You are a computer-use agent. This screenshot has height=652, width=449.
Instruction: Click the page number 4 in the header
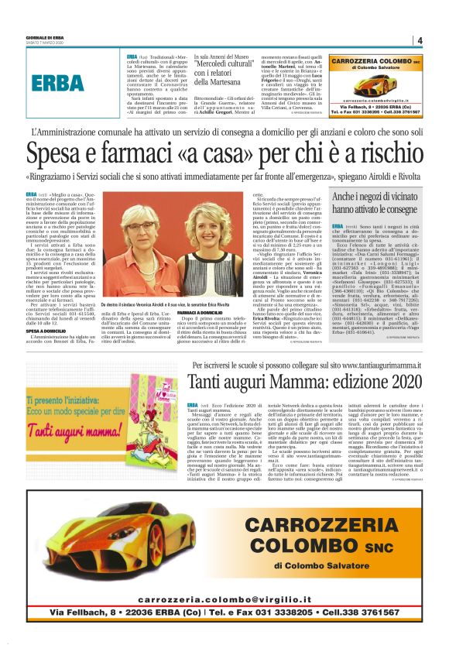(x=419, y=40)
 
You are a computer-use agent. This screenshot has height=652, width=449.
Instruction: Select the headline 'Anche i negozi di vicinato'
(x=375, y=199)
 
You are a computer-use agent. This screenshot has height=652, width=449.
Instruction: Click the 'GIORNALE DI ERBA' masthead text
(x=39, y=37)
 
